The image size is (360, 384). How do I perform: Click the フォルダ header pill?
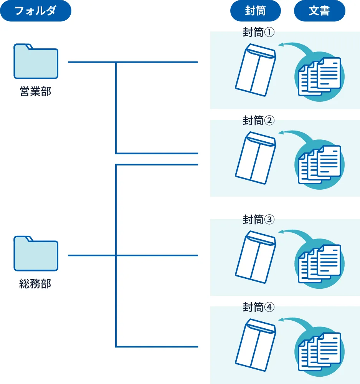click(36, 11)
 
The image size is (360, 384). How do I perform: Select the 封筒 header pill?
click(255, 11)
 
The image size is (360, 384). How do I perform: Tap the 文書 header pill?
click(319, 11)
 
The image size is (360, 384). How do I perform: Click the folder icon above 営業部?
click(36, 61)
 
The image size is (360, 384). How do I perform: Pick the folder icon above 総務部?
click(36, 253)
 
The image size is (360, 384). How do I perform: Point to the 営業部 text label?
click(35, 92)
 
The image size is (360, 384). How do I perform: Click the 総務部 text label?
click(35, 284)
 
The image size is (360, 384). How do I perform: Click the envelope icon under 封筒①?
click(256, 70)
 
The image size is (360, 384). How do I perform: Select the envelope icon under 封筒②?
click(256, 158)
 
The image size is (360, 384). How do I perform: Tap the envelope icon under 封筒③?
click(256, 257)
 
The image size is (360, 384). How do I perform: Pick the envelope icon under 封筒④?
click(256, 344)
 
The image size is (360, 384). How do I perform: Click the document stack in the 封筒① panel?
click(320, 77)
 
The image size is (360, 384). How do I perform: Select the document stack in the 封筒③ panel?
click(320, 264)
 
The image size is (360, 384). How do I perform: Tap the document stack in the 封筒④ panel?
click(320, 351)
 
